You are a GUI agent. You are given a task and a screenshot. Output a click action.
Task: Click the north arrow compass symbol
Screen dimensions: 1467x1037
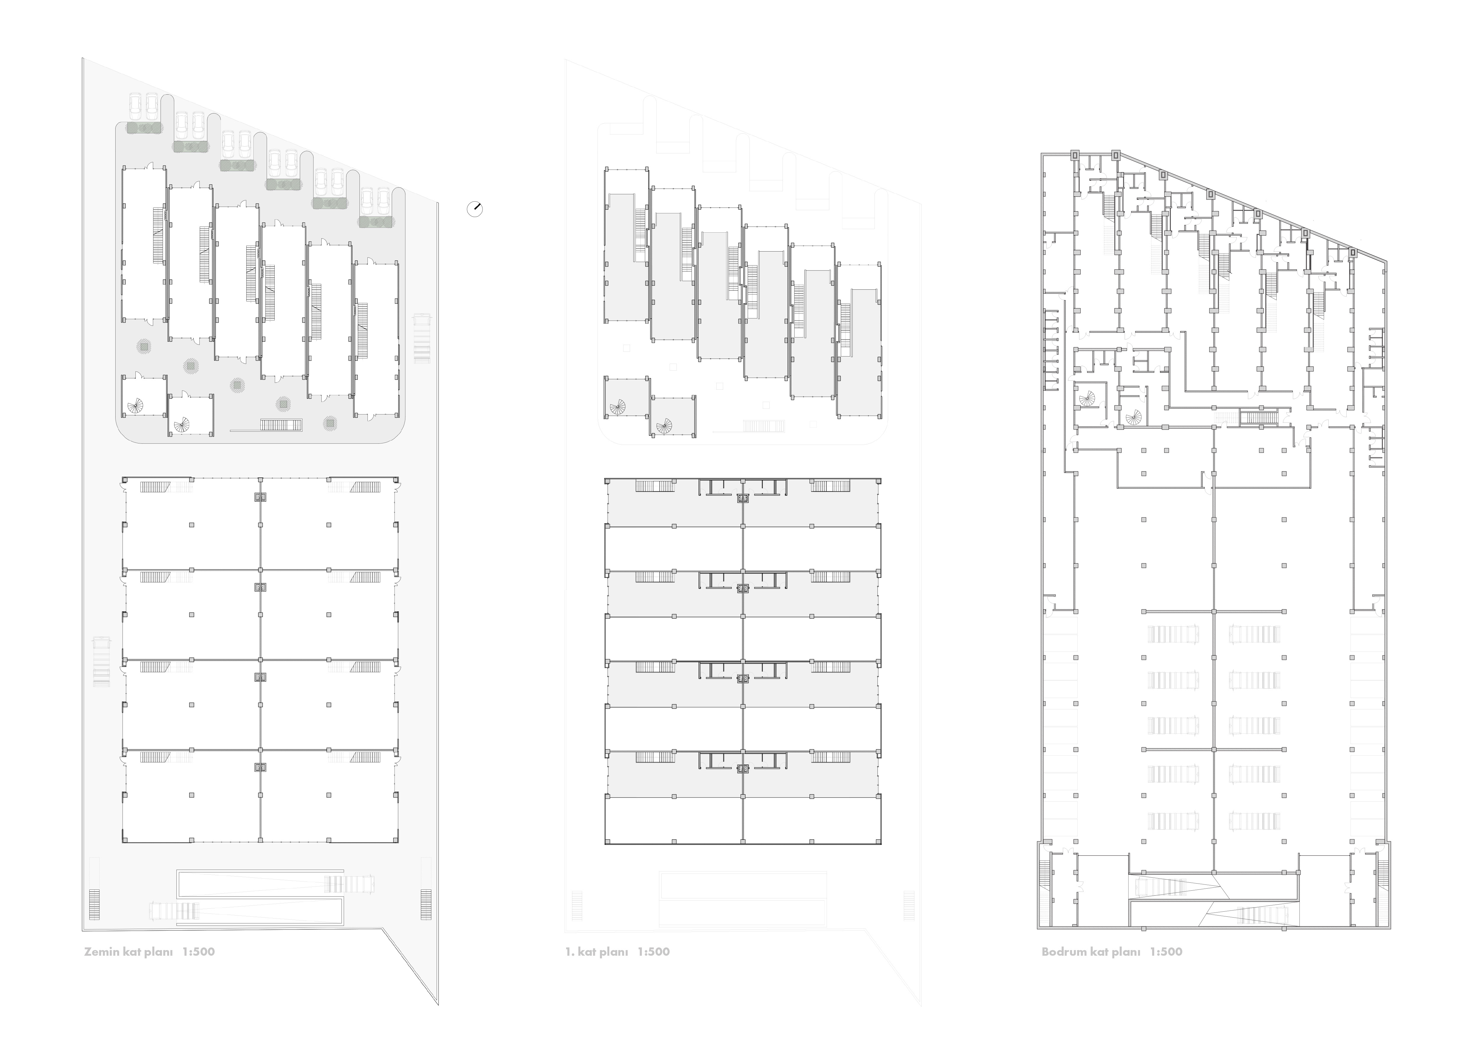click(x=475, y=209)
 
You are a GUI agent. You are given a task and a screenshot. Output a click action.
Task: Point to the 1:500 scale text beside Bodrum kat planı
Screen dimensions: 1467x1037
click(x=1166, y=952)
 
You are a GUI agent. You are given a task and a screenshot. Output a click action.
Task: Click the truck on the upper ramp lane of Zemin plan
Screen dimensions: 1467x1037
click(x=348, y=884)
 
